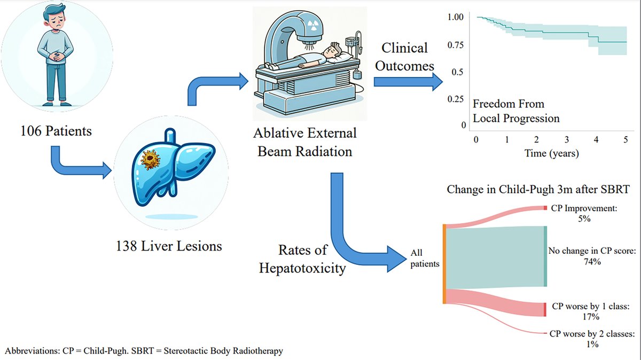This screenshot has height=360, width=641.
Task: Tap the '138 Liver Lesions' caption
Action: [x=169, y=246]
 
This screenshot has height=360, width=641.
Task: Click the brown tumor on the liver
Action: [x=150, y=160]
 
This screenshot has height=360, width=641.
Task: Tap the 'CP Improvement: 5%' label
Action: [x=583, y=214]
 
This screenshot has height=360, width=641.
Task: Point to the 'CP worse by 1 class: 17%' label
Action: [x=590, y=311]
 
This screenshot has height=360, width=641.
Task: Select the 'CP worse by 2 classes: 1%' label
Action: [x=591, y=339]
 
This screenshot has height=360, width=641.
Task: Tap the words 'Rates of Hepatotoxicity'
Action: [x=302, y=259]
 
